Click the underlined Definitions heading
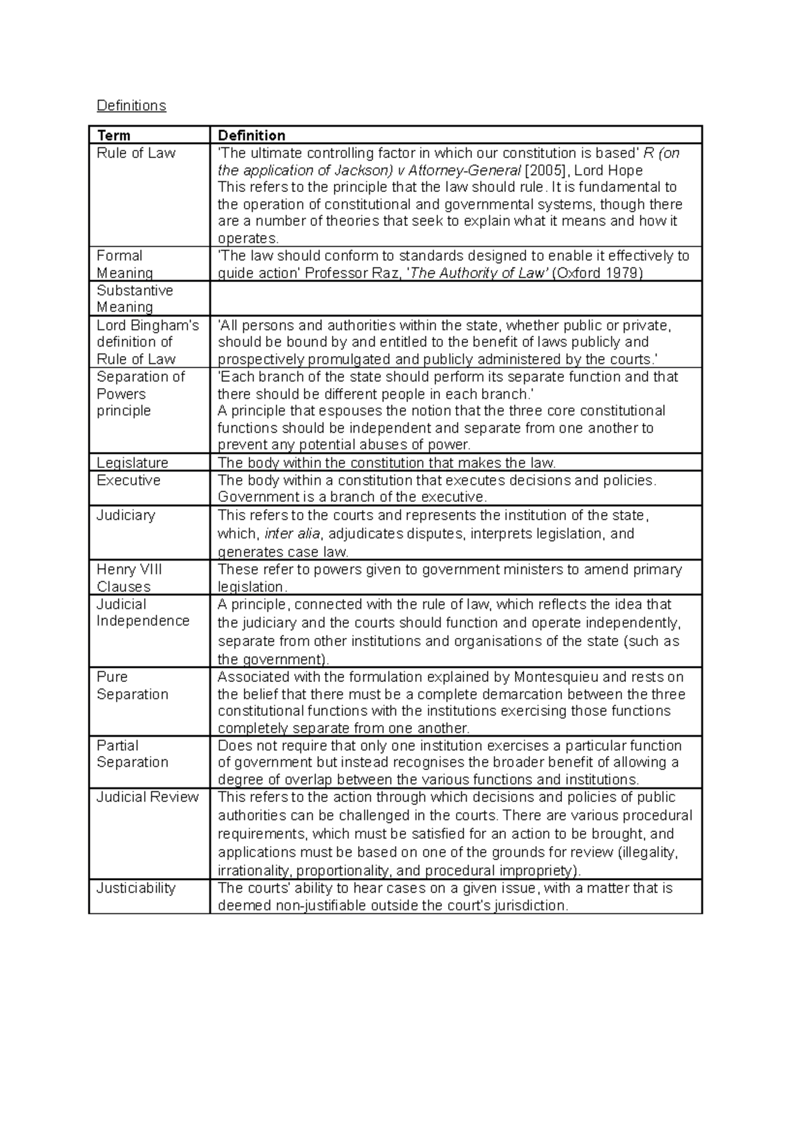tap(131, 105)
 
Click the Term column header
tap(113, 135)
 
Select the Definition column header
tap(251, 135)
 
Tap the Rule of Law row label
tap(136, 153)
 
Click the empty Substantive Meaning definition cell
tap(455, 299)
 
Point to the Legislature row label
tap(132, 463)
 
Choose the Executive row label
tap(128, 480)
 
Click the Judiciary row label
tap(125, 515)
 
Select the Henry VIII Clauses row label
tap(129, 578)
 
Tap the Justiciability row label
tap(136, 888)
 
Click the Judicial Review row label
tap(147, 797)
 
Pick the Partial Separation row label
tap(132, 754)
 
